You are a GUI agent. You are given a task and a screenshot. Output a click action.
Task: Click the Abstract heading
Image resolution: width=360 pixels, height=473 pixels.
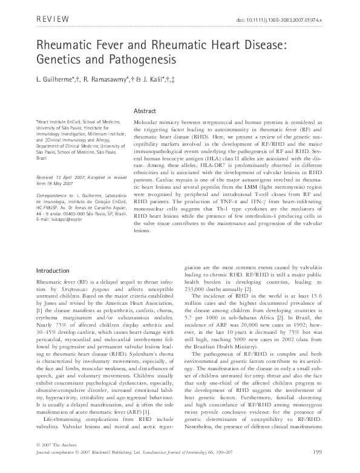tap(145, 111)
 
